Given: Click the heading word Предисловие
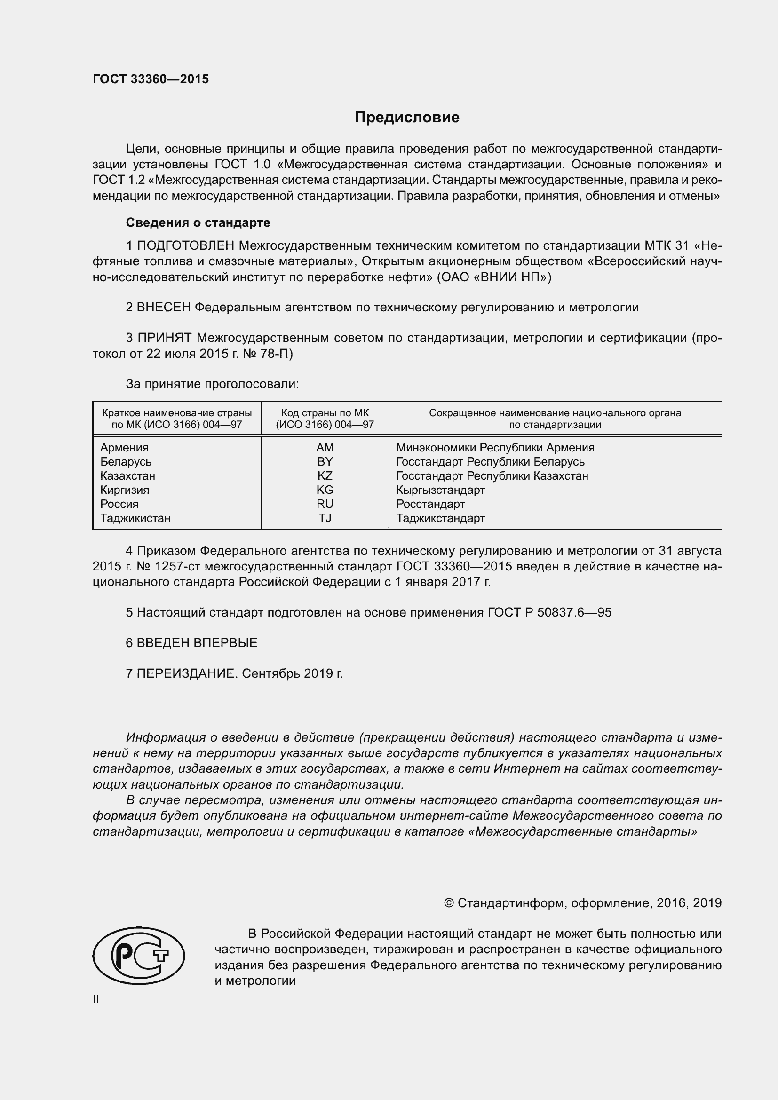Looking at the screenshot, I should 407,118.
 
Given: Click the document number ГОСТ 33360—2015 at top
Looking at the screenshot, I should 151,79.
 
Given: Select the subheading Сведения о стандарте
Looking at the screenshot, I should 198,223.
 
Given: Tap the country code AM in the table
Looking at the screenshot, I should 325,447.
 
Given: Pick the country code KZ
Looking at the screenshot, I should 325,476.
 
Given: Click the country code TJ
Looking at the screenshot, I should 325,518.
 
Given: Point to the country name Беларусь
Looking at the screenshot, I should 126,462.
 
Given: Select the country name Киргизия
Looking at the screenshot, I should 125,490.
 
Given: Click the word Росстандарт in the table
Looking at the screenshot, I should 430,504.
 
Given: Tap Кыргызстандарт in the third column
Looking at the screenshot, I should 440,490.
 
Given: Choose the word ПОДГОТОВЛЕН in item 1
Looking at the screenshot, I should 186,246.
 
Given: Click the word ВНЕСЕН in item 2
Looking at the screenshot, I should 164,307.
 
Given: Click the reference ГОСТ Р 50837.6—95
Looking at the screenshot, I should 549,612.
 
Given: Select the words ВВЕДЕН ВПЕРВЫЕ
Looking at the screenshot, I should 197,643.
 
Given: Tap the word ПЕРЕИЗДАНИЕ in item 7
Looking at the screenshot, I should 187,673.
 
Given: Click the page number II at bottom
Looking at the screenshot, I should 96,999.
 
